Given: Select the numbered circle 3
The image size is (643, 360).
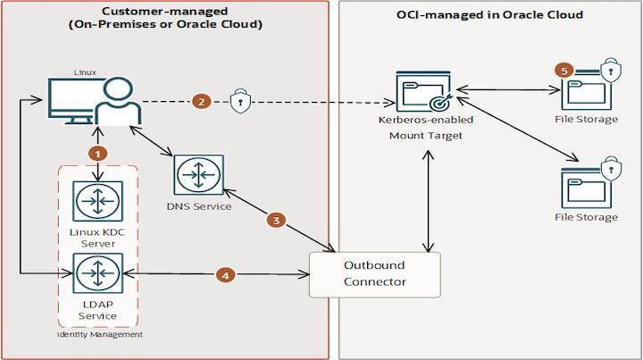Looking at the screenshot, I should pos(278,220).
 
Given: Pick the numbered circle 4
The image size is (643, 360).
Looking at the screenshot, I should pos(228,275).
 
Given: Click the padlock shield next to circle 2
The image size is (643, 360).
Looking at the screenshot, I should pos(238,101).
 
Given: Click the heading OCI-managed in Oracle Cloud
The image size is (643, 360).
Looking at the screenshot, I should pos(489,15).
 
